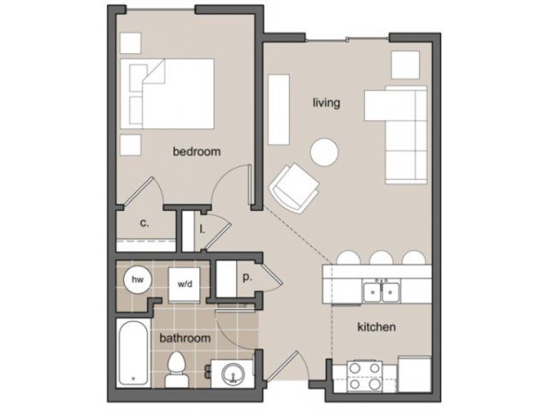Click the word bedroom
(197, 151)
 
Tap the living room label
(326, 102)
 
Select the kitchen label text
(376, 327)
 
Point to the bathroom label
(185, 338)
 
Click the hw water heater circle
(138, 279)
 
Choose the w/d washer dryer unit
(185, 284)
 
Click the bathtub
(133, 353)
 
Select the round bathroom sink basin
(233, 374)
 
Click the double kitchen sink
(382, 292)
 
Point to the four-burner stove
(365, 376)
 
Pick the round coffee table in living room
(324, 152)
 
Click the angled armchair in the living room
(294, 188)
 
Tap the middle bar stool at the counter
(381, 258)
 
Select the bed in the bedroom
(168, 94)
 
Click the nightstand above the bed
(131, 44)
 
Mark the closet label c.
(144, 223)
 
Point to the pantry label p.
(247, 278)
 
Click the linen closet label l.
(202, 229)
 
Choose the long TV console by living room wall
(279, 109)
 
